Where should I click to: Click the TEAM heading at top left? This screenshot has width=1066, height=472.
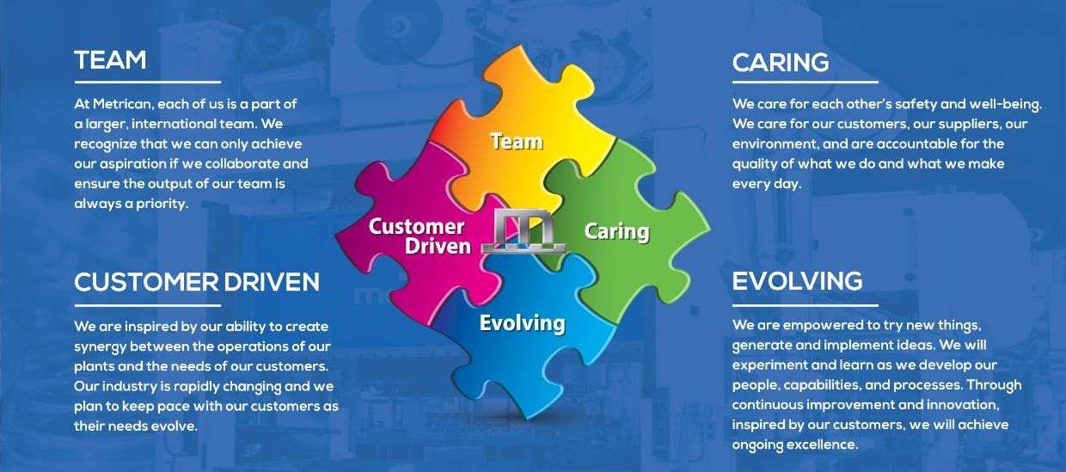coord(110,60)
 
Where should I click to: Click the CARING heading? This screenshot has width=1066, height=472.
coord(781,63)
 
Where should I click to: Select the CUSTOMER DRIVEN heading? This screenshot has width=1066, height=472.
coord(197,281)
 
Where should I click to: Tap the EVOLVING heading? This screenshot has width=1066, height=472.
coord(797,281)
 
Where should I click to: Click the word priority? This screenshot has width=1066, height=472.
coord(158,204)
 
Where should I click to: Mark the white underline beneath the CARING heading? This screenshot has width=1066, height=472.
coord(805,83)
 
